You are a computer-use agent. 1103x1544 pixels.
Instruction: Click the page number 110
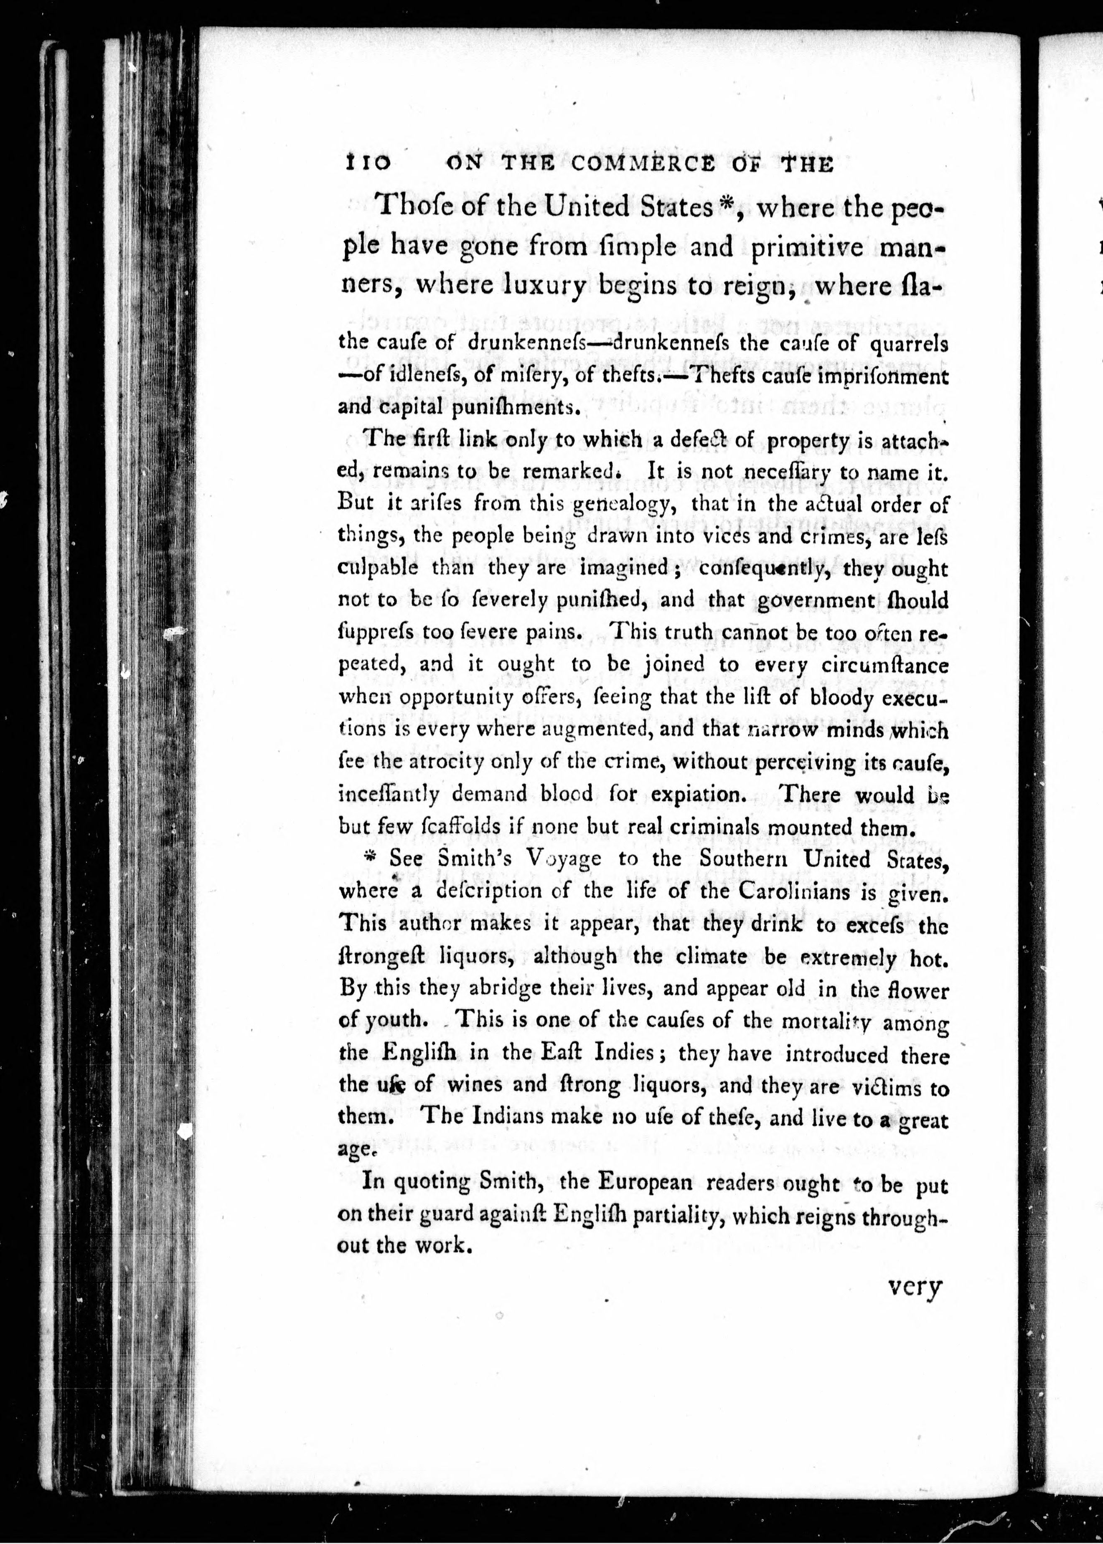367,164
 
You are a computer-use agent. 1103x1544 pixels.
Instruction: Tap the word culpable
378,568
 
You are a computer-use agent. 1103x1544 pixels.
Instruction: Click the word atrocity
446,762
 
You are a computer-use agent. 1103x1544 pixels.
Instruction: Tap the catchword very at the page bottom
915,1287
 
